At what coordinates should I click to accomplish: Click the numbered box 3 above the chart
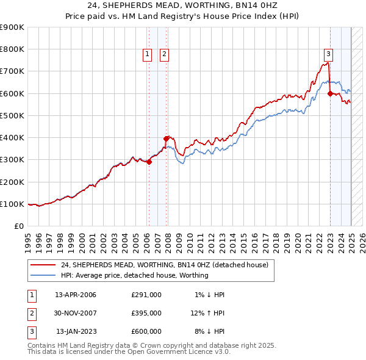[328, 53]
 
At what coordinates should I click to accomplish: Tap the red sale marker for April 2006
[149, 162]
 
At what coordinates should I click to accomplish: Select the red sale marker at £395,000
[166, 139]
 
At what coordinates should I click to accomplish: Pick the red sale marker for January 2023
[330, 93]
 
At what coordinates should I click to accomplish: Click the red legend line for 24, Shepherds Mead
[43, 265]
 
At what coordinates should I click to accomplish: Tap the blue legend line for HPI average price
[43, 275]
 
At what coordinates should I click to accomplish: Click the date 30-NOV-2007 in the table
[76, 313]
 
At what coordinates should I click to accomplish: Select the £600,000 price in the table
[146, 331]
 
